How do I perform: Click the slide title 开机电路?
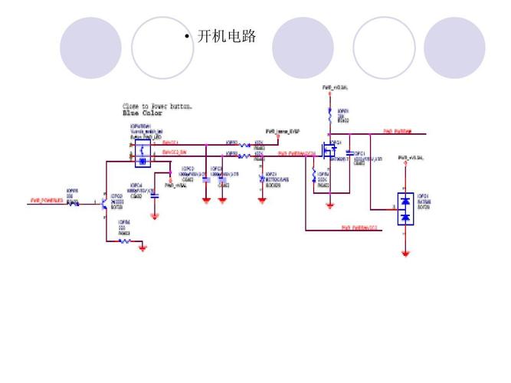coord(226,36)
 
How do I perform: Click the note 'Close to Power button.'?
coord(158,105)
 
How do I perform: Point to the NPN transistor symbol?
coord(105,204)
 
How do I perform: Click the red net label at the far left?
coord(46,201)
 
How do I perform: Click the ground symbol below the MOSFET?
coord(329,205)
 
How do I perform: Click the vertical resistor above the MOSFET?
coord(329,116)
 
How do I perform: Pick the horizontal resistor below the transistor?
coord(125,241)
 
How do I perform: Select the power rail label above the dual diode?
coord(411,158)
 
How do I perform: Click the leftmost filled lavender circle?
coord(91,47)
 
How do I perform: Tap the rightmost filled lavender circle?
coord(454,47)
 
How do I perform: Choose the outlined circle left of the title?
coord(162,47)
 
